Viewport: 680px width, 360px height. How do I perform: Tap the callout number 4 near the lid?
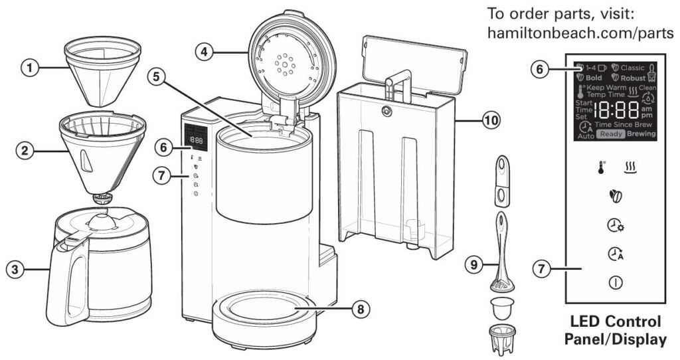point(206,51)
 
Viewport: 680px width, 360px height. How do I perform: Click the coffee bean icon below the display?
point(615,197)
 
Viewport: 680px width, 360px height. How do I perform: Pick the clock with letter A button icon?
point(615,254)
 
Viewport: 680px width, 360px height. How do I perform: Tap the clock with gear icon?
point(615,226)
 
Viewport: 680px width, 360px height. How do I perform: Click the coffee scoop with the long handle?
point(503,252)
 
